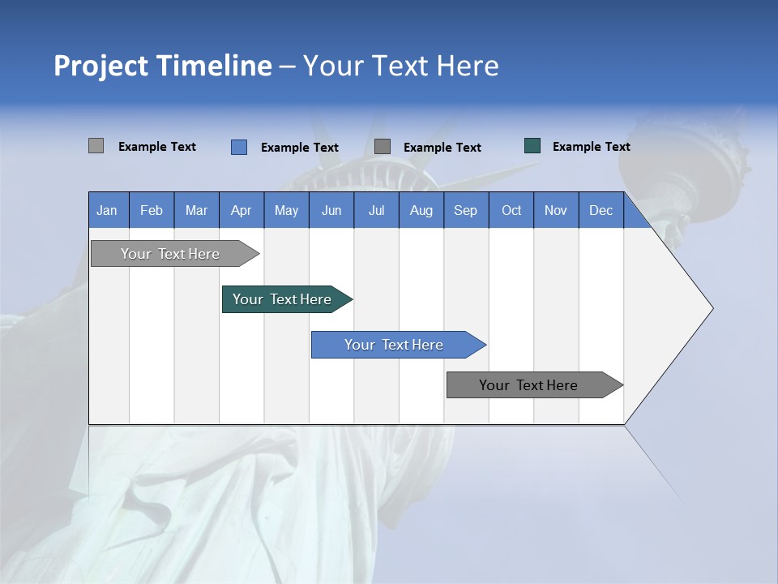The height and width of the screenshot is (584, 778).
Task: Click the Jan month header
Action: [x=107, y=211]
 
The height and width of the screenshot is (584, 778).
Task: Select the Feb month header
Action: [x=152, y=211]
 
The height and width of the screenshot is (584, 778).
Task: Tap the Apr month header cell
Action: [x=241, y=211]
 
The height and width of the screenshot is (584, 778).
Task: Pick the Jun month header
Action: [x=331, y=211]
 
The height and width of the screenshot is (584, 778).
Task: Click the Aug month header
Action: [x=421, y=211]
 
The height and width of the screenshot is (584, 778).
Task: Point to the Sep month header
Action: [x=465, y=211]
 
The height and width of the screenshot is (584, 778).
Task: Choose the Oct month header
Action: [x=511, y=211]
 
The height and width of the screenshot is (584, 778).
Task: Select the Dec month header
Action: [x=601, y=211]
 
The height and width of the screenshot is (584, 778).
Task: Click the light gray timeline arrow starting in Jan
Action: [x=170, y=254]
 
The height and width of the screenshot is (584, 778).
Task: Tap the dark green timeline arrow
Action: [x=282, y=299]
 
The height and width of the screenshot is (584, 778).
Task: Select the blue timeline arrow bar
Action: [x=394, y=345]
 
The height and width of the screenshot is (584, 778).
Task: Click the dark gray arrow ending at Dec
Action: [x=528, y=385]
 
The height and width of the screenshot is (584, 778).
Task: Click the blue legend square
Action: [x=239, y=147]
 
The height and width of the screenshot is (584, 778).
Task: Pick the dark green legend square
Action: [x=532, y=146]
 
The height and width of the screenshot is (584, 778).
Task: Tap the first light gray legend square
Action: [x=96, y=146]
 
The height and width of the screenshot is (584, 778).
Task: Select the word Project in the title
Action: [x=100, y=66]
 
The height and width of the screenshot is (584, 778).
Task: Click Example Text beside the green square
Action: [x=591, y=147]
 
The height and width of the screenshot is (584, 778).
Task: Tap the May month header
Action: [x=286, y=211]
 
